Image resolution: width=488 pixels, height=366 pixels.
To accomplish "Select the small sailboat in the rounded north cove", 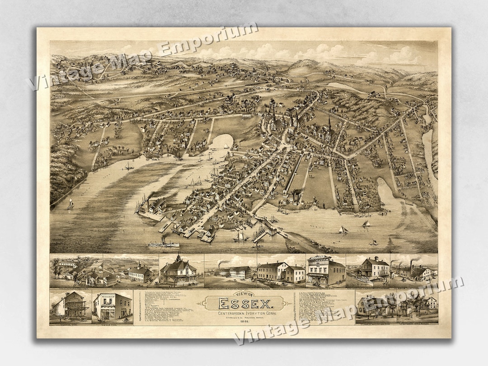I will [226, 145].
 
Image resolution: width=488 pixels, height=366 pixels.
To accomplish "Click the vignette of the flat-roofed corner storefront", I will [112, 306].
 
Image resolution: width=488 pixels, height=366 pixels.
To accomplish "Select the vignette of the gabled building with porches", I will [70, 306].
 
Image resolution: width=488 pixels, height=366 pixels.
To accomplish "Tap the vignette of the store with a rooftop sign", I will [325, 271].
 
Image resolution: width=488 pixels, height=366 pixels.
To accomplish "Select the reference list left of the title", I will [167, 307].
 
